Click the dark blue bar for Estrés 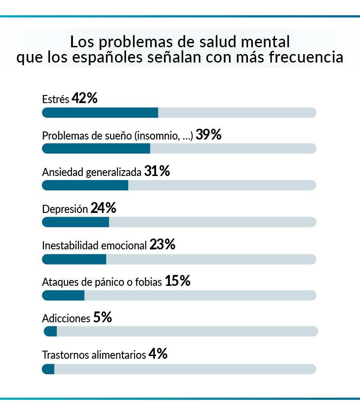pos(100,113)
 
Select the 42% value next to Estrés pos(85,99)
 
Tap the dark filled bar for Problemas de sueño pos(96,149)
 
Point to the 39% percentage pos(209,135)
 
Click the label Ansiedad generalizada pos(92,172)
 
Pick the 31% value pos(157,171)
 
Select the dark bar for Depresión pos(75,222)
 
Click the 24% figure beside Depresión pos(103,208)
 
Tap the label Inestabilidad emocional pos(94,246)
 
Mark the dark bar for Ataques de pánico pos(63,295)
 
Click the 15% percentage pos(178,281)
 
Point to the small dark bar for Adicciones pos(50,332)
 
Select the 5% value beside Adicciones pos(103,318)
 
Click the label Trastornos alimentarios pos(94,355)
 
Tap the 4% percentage pos(158,354)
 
